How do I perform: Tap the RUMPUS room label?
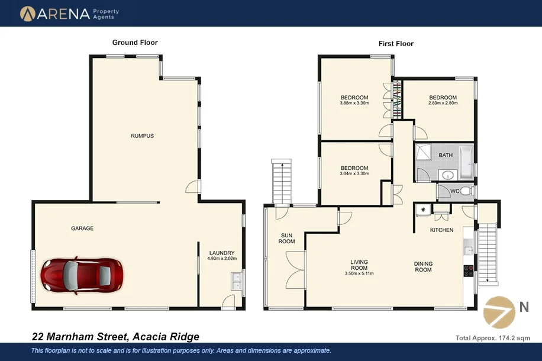[142, 136]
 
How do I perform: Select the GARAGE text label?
[82, 228]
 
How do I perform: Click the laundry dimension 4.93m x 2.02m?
[222, 259]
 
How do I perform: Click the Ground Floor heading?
[135, 43]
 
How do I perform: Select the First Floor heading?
[396, 44]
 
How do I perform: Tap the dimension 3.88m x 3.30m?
[354, 103]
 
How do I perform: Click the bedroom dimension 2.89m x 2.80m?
[443, 103]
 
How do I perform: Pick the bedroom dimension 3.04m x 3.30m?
[354, 174]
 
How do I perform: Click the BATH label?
[446, 156]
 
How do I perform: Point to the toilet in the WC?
[466, 191]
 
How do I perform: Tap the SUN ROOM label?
[287, 238]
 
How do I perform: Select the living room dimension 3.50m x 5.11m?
[359, 273]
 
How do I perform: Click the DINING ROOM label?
[422, 267]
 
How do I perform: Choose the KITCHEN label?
[441, 230]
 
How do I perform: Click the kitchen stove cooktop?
[468, 270]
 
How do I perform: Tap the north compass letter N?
[524, 307]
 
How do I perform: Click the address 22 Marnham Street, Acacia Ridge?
[115, 337]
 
